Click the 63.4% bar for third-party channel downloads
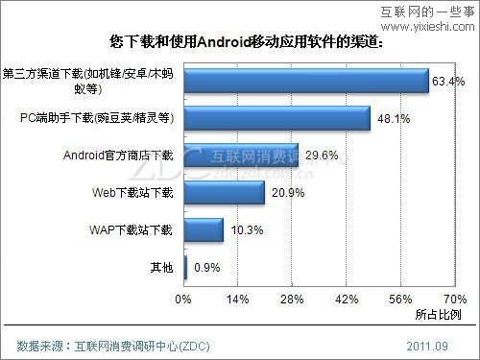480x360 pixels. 305,81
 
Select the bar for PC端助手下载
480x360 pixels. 276,118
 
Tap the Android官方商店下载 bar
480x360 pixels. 240,156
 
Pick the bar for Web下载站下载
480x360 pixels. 224,193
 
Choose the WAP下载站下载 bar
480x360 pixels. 203,230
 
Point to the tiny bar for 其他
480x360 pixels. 185,268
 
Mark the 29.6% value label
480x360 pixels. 322,156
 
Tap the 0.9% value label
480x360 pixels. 206,268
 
